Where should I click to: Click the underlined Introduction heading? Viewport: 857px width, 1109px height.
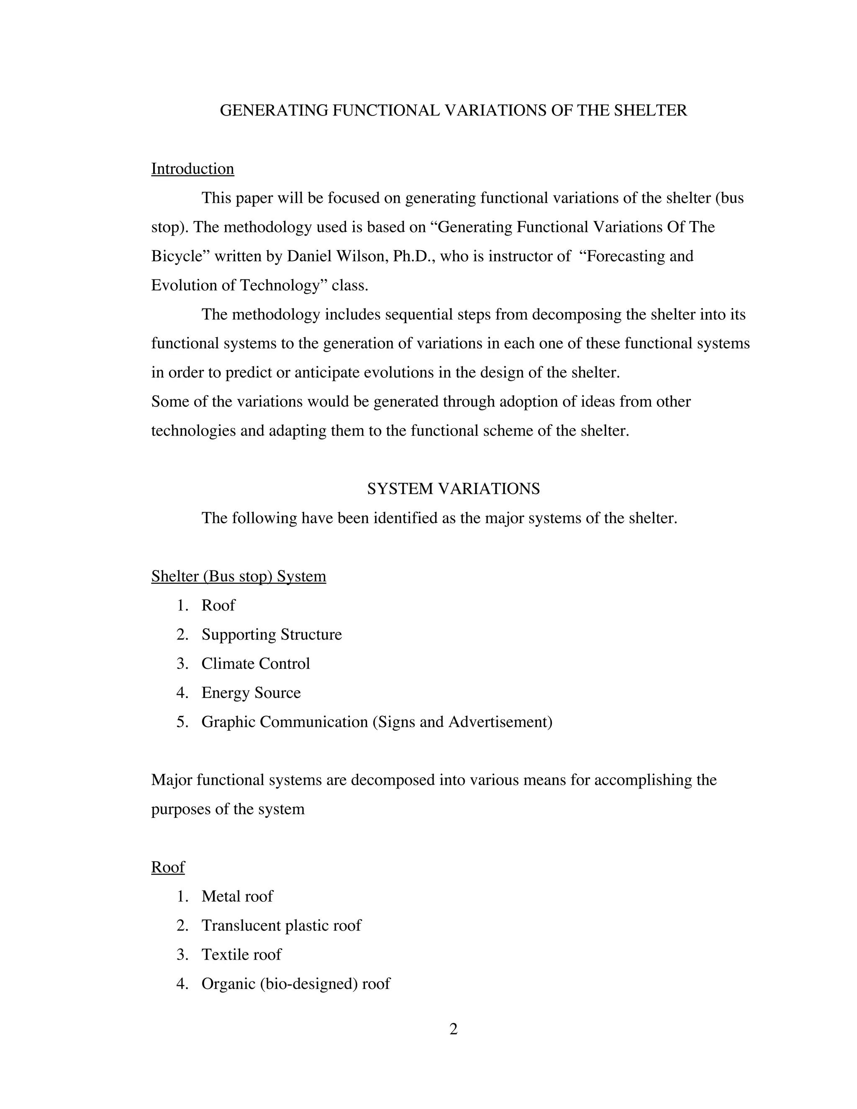pos(192,169)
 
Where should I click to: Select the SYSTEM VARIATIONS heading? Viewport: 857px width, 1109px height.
pos(453,488)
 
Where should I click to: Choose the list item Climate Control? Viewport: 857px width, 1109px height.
pos(255,664)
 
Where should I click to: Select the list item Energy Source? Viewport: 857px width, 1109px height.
pos(251,693)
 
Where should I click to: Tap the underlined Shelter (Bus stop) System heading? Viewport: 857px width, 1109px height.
pos(239,576)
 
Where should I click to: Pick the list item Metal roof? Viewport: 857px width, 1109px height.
pos(237,896)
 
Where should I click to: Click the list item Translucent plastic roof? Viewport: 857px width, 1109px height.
pos(281,925)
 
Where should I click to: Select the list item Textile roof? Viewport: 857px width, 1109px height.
pos(241,955)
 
